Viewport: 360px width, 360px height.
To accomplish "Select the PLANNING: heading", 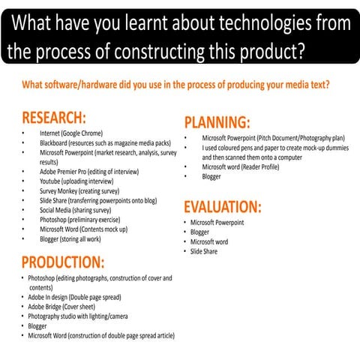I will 217,123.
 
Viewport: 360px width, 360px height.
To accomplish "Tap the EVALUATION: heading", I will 223,207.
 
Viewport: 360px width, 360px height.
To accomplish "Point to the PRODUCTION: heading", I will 62,262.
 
